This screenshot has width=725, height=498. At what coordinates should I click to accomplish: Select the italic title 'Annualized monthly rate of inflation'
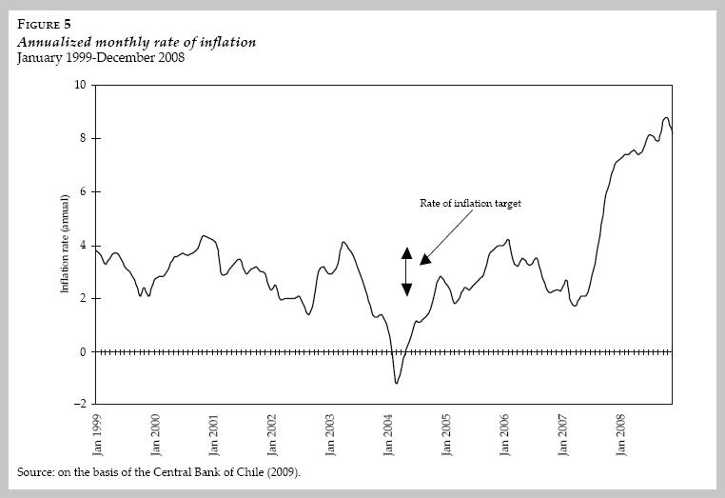click(137, 43)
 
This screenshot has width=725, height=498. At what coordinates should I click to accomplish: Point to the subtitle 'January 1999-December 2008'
click(100, 58)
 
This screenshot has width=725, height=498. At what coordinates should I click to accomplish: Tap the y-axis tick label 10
click(80, 85)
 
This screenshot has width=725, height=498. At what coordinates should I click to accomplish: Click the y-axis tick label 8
click(82, 138)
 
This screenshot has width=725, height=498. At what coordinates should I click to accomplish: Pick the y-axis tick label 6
click(82, 191)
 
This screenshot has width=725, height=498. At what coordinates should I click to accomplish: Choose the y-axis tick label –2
click(80, 405)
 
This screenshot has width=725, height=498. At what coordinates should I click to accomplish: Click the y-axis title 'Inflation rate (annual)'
click(67, 244)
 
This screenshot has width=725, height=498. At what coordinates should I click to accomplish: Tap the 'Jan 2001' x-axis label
click(213, 434)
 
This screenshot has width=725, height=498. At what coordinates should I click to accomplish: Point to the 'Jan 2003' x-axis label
click(329, 434)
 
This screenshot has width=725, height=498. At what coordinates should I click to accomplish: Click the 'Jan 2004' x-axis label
click(387, 434)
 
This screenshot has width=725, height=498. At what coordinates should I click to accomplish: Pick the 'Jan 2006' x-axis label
click(503, 434)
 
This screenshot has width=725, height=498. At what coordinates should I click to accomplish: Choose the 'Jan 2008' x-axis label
click(619, 434)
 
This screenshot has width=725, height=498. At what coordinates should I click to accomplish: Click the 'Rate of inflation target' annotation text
click(470, 203)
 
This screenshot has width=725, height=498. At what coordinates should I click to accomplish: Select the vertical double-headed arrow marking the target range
click(406, 271)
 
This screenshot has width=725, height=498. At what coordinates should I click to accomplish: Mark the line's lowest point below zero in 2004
click(396, 383)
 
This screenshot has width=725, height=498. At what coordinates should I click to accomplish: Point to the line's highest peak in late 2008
click(666, 117)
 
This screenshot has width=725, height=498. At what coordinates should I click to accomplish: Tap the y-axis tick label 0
click(82, 351)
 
